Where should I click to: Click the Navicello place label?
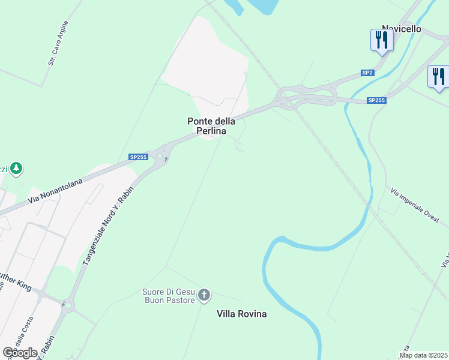tap(401, 29)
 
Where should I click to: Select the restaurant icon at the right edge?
tap(438, 77)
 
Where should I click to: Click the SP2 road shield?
tap(367, 73)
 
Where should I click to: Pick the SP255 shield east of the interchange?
tap(376, 100)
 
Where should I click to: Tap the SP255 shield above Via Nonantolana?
tap(138, 157)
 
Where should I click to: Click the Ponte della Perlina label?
tap(210, 125)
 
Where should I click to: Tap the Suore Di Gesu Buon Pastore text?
tap(169, 296)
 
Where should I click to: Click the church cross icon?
tap(204, 295)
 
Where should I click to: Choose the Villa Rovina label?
tap(241, 314)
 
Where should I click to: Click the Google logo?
tap(20, 352)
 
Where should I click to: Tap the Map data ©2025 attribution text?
tap(424, 355)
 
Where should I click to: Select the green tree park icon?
tap(17, 169)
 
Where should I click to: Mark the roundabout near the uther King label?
tap(66, 304)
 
